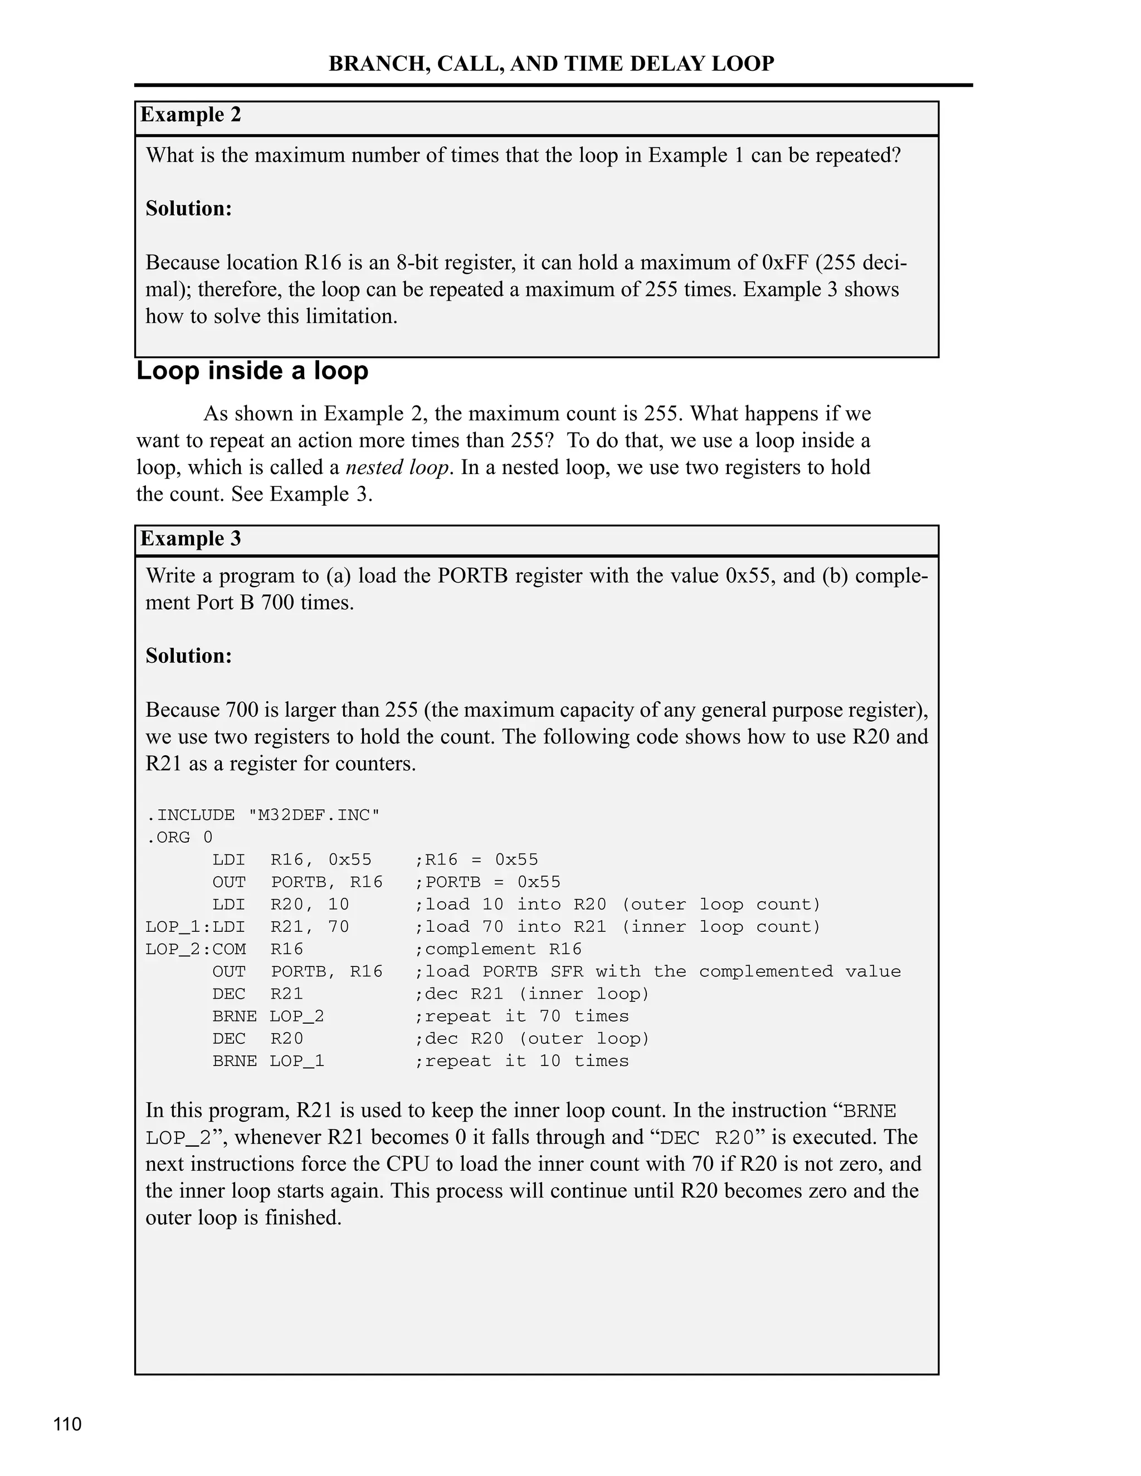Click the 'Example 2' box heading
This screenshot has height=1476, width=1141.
click(191, 115)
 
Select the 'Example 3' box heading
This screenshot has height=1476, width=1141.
click(191, 539)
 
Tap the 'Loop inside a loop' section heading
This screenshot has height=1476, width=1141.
click(252, 371)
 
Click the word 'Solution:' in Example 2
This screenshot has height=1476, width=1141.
click(189, 208)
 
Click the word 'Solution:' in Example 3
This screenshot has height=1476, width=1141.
click(189, 656)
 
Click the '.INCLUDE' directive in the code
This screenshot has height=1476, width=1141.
click(190, 815)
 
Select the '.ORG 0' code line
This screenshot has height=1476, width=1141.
click(179, 837)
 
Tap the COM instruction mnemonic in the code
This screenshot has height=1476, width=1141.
click(228, 949)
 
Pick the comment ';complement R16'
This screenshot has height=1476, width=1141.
click(498, 949)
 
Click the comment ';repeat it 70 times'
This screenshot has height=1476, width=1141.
click(521, 1016)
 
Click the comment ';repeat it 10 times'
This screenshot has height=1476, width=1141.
click(521, 1060)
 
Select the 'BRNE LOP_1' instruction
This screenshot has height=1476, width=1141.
click(269, 1060)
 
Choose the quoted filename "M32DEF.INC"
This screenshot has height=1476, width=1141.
click(314, 815)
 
